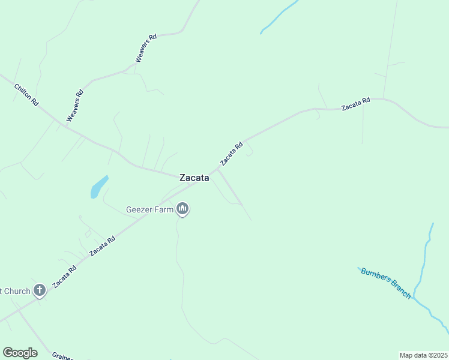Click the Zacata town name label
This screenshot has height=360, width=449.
[x=194, y=178]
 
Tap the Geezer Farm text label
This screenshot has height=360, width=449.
[x=149, y=210]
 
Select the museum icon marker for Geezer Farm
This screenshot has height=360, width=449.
[x=182, y=209]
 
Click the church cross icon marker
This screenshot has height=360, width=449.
[x=40, y=291]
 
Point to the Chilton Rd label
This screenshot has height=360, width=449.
[x=26, y=95]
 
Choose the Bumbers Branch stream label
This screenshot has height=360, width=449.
[x=386, y=283]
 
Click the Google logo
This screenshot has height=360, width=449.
[x=20, y=353]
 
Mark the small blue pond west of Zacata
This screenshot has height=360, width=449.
[x=98, y=187]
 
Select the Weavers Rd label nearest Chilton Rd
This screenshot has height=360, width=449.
[x=74, y=106]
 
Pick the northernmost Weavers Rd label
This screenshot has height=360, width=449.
[x=146, y=48]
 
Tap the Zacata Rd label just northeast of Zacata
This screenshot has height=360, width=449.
[x=231, y=154]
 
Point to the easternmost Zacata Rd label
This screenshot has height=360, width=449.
[x=356, y=104]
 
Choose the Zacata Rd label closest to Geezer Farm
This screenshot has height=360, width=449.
[x=102, y=246]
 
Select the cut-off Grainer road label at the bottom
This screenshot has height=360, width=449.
[x=62, y=356]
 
